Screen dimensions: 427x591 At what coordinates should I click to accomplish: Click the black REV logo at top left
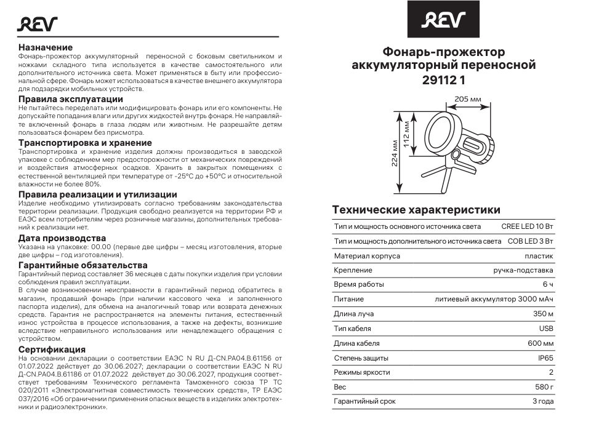click(x=37, y=24)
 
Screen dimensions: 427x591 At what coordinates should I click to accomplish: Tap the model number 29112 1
click(x=443, y=79)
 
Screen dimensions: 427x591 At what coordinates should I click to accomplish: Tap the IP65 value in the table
click(x=545, y=357)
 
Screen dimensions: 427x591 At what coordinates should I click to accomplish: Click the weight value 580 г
click(x=544, y=387)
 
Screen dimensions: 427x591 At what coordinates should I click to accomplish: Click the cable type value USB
click(x=545, y=329)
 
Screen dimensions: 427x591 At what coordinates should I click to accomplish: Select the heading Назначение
click(x=46, y=47)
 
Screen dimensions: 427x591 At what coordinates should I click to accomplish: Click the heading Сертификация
click(x=52, y=349)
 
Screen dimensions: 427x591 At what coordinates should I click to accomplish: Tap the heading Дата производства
click(x=62, y=237)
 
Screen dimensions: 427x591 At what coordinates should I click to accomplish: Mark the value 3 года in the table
click(x=542, y=401)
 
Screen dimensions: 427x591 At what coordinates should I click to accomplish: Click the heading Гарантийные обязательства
click(x=82, y=265)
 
